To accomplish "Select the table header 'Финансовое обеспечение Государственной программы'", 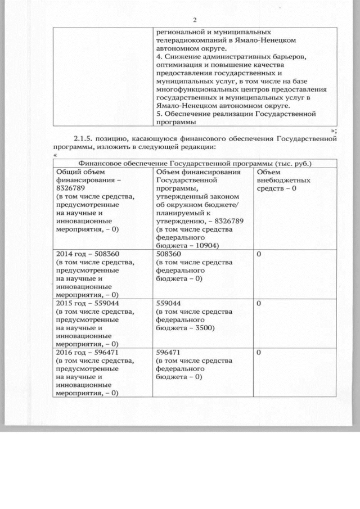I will coord(194,163).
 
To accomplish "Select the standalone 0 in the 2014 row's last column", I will coord(258,254).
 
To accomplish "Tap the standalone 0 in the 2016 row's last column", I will coord(258,352).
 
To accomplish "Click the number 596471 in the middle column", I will coord(168,352).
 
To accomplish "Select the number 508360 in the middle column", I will coord(168,254).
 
